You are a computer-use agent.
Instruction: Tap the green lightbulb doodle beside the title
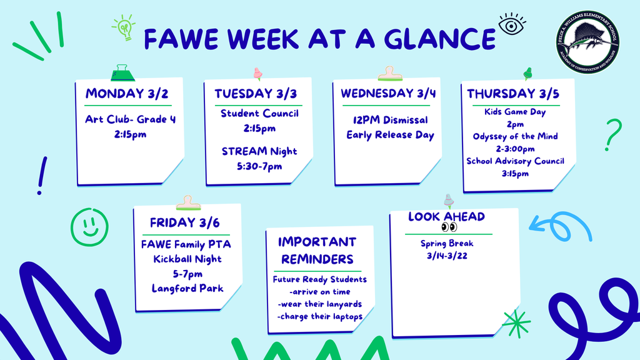click(124, 28)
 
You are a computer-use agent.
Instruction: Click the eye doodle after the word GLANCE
click(512, 25)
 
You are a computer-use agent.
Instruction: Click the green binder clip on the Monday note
click(123, 73)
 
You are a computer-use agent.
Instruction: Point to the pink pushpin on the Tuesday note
click(257, 74)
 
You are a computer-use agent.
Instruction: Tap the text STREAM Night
click(259, 151)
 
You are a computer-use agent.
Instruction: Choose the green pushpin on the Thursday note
click(527, 73)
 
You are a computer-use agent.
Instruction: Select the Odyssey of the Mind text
click(515, 136)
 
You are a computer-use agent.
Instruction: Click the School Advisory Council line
click(515, 161)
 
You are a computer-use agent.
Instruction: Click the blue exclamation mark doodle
click(42, 175)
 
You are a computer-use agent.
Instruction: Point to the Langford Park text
click(187, 288)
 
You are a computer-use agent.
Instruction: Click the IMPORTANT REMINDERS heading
click(317, 250)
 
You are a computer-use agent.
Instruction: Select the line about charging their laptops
click(319, 316)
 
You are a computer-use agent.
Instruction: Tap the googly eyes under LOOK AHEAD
click(449, 227)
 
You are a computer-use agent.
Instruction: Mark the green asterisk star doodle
click(516, 323)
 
